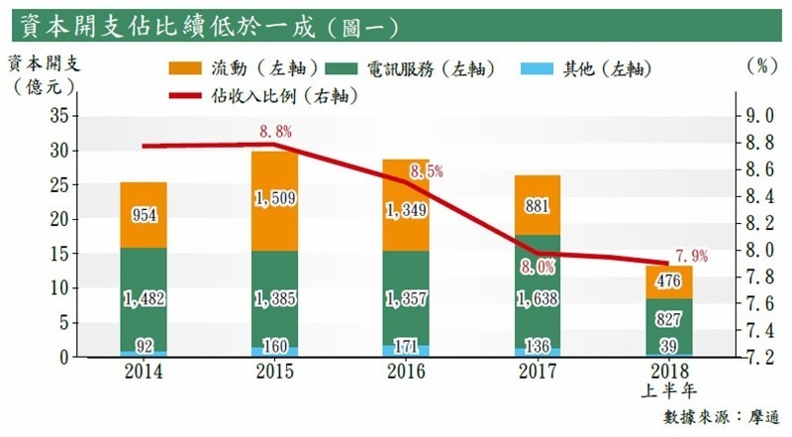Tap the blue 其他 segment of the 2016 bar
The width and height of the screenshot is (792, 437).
406,350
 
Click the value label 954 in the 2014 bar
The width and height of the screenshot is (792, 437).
145,216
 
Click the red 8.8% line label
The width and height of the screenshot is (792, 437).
275,131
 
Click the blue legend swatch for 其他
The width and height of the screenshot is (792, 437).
538,68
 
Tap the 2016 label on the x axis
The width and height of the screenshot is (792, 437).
406,374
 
